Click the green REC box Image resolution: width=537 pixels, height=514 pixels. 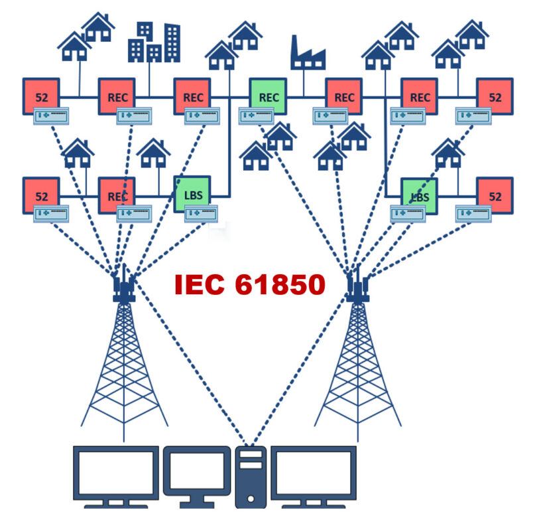pos(268,97)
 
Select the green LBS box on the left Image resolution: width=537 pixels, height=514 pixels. pos(192,195)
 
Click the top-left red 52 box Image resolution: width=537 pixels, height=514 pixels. pos(41,97)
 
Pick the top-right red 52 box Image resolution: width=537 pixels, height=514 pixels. pos(495,97)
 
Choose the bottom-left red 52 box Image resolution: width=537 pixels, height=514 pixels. pos(41,195)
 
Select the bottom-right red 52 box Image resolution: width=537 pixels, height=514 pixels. pos(495,195)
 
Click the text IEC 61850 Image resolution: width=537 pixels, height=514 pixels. pos(250,285)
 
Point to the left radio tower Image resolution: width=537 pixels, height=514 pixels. pos(124,359)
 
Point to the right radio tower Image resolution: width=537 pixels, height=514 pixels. pos(357,359)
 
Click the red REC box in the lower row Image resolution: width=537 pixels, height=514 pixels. pos(117,195)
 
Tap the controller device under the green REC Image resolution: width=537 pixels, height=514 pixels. pos(257,116)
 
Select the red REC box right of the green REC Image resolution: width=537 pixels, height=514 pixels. pos(343,97)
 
